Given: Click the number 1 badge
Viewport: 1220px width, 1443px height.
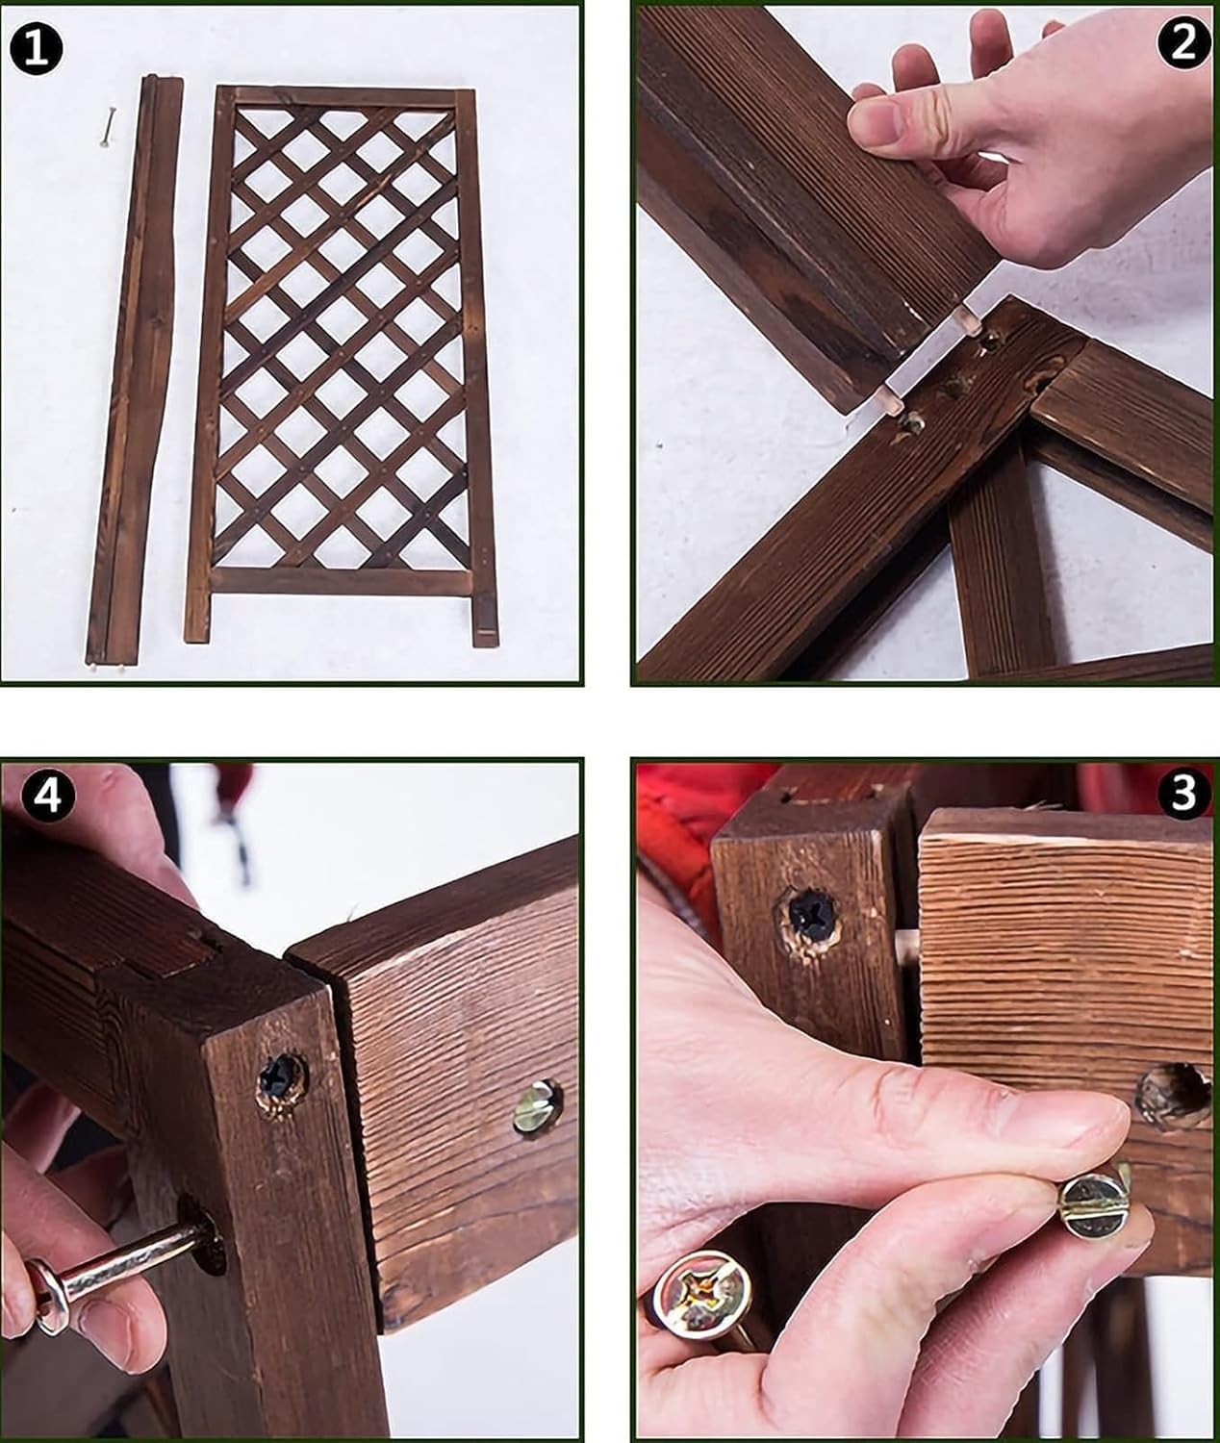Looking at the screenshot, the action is pos(37,50).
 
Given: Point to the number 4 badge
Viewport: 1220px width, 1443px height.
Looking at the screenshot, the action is pos(47,796).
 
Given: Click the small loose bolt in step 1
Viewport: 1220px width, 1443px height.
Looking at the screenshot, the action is pos(108,127).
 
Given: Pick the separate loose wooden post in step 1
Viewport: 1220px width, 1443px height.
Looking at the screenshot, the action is pos(133,370).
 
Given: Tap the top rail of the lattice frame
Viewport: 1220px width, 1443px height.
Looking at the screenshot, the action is pos(345,98).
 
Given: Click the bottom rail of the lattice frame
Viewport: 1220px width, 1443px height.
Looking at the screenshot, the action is pos(343,583).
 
